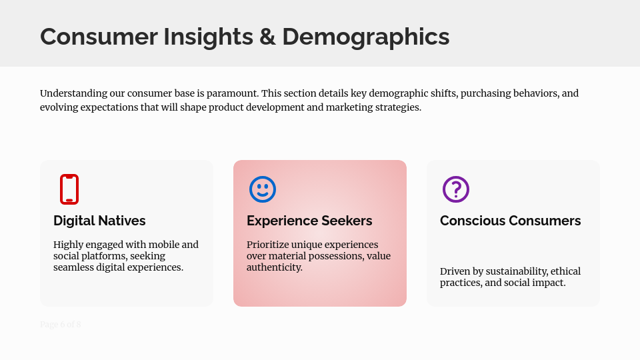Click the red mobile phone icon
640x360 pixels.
click(x=69, y=189)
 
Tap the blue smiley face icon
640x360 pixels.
click(x=263, y=189)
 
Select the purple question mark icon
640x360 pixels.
click(x=456, y=189)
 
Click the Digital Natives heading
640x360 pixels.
click(x=99, y=221)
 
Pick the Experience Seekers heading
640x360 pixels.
click(x=309, y=221)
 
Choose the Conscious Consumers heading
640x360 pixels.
click(x=510, y=221)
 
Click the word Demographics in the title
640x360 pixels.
click(x=365, y=36)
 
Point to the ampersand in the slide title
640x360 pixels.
click(x=267, y=36)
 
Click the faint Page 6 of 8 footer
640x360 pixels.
click(x=61, y=325)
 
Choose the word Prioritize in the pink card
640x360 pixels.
click(x=269, y=245)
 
